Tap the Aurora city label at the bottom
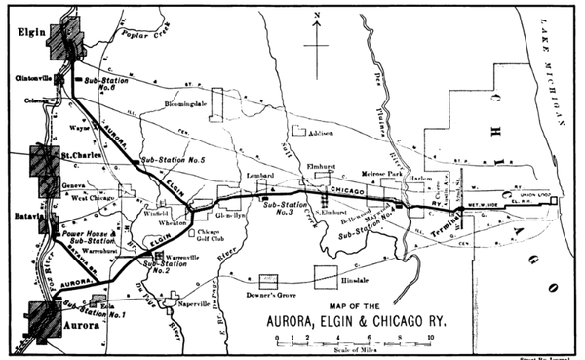(x=77, y=327)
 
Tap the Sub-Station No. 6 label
(x=106, y=82)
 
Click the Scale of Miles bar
(x=351, y=340)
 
